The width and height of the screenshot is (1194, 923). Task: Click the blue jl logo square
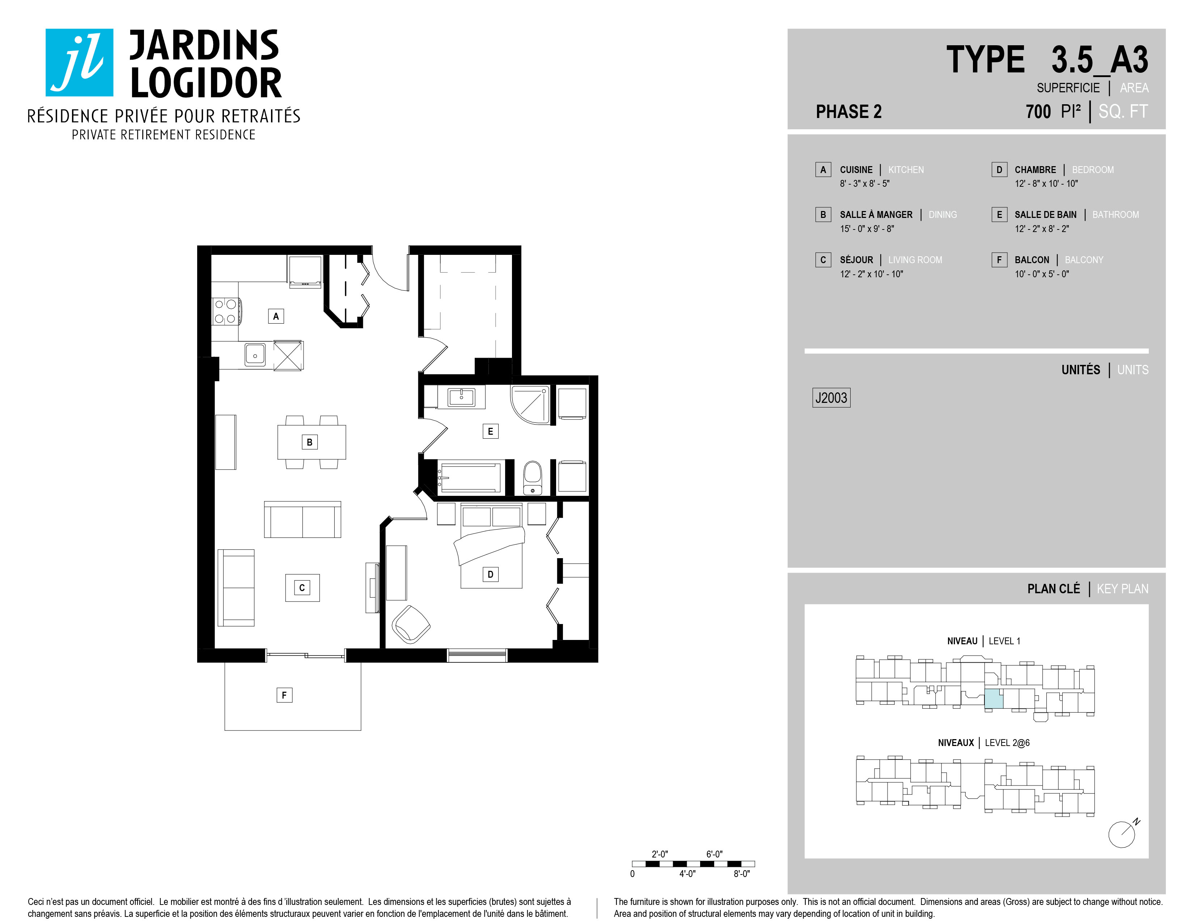(79, 62)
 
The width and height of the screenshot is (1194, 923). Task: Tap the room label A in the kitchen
(276, 316)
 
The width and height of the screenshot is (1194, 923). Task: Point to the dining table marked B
(312, 442)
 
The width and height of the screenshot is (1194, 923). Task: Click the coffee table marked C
(302, 588)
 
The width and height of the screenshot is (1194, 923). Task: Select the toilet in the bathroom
(533, 477)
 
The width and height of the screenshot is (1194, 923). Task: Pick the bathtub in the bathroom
(470, 477)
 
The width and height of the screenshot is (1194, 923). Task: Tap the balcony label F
(284, 695)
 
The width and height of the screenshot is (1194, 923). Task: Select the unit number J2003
(831, 397)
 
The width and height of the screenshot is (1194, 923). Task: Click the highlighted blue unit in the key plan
(994, 699)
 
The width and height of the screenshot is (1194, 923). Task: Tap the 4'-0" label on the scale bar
(687, 874)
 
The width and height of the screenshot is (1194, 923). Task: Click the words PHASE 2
(848, 111)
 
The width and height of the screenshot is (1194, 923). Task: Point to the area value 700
(1038, 111)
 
